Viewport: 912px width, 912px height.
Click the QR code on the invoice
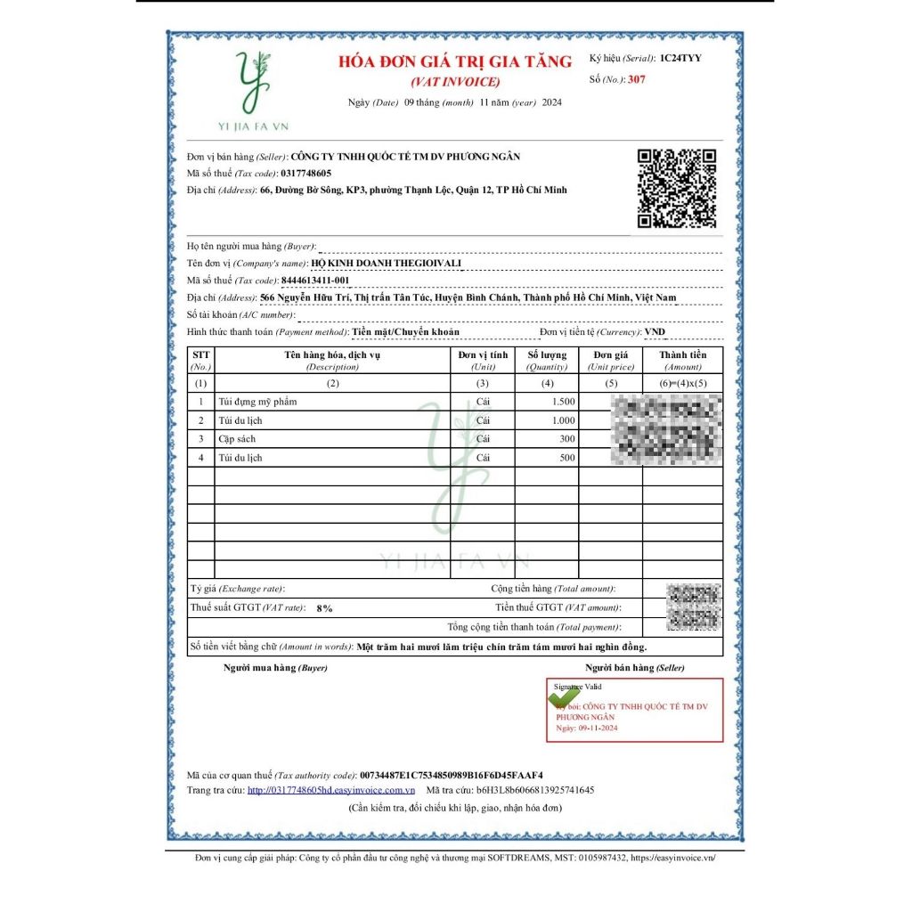coord(677,188)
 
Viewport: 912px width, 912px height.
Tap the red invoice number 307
coord(636,79)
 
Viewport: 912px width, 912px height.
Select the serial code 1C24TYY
coord(680,58)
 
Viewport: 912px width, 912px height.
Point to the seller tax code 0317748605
coord(305,173)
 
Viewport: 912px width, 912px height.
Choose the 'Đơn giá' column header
coord(611,360)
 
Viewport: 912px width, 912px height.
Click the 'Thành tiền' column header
coord(683,360)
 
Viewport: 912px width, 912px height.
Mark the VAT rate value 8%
coord(324,608)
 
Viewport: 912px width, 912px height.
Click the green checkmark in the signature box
coord(562,696)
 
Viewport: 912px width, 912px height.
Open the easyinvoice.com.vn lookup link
coord(331,790)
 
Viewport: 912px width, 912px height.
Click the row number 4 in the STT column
coord(201,458)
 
